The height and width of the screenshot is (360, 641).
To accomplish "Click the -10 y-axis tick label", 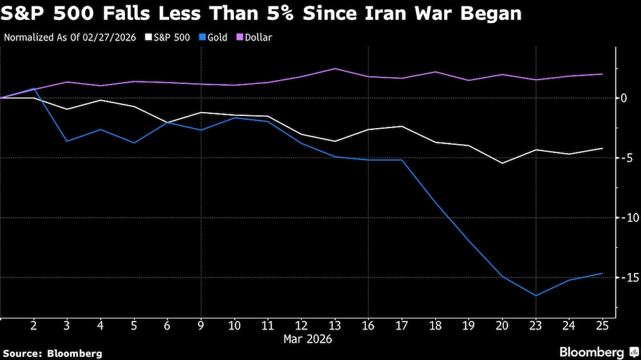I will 626,218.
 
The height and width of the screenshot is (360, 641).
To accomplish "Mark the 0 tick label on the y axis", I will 623,98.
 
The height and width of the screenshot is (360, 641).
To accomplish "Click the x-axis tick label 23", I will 536,325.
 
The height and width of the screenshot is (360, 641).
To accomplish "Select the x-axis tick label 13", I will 335,325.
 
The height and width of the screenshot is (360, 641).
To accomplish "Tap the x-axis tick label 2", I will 33,325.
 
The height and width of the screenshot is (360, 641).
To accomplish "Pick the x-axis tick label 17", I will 402,325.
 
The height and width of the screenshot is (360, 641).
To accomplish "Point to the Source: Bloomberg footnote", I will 53,353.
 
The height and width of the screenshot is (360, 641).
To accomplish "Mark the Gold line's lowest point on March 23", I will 536,295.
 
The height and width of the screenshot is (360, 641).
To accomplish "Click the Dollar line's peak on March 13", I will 335,69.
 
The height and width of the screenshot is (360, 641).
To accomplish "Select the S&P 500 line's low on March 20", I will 503,163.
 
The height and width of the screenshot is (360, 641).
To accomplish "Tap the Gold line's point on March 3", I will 67,141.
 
